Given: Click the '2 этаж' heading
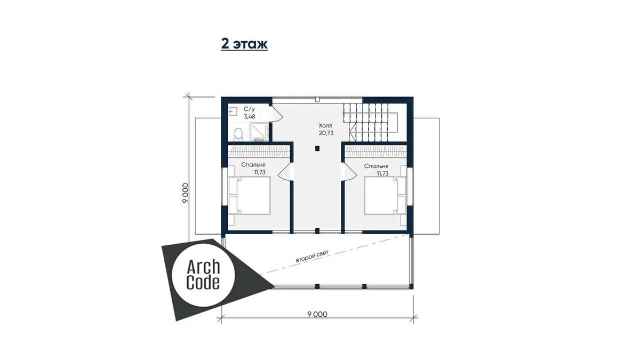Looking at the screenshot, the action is [x=244, y=44].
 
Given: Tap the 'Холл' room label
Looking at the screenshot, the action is [x=325, y=125].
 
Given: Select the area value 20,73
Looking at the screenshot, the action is [x=326, y=133].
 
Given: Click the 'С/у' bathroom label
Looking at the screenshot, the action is [x=249, y=109].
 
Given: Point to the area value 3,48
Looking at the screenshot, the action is [x=250, y=117].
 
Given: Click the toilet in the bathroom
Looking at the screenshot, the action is [x=238, y=134].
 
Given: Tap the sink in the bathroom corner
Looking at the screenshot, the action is [x=233, y=111].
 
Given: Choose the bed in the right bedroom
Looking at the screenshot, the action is [x=386, y=195].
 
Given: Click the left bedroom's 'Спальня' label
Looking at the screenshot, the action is [x=253, y=165].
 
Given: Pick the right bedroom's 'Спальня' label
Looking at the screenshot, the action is [x=376, y=166].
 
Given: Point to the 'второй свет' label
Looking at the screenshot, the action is [x=313, y=257].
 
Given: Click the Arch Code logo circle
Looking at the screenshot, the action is [x=203, y=275].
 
